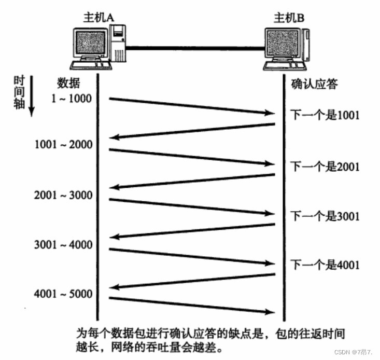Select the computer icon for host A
click(x=98, y=50)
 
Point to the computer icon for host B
click(x=286, y=50)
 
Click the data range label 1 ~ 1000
click(x=73, y=99)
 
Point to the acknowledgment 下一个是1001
click(x=324, y=115)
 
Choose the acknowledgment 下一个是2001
click(x=324, y=167)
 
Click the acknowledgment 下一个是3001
click(x=324, y=215)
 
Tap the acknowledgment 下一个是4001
click(x=324, y=265)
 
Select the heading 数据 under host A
click(x=68, y=84)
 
